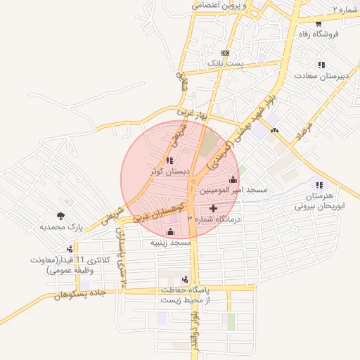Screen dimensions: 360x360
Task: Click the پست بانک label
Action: (x=225, y=63)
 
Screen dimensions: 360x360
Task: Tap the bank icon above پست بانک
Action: (x=225, y=53)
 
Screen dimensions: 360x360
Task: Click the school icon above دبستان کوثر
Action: (x=169, y=161)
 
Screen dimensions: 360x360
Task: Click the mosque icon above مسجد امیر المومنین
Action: (x=233, y=180)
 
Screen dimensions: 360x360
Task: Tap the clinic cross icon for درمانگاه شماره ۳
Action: (x=214, y=209)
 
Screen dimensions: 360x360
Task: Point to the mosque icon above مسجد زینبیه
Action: (x=169, y=232)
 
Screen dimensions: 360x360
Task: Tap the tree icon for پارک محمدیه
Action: (x=60, y=217)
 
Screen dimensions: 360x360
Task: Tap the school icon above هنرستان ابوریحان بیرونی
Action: (x=319, y=185)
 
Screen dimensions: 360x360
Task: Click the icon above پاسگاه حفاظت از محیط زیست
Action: (x=185, y=279)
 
